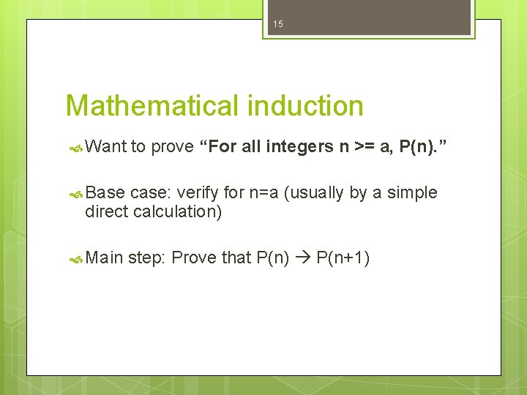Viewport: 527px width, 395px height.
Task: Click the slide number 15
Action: (277, 24)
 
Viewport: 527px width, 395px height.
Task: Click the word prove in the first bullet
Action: (173, 147)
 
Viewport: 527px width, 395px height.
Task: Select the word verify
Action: (198, 193)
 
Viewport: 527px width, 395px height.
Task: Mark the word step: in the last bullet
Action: (149, 258)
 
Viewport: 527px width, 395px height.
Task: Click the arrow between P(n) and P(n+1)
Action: (303, 258)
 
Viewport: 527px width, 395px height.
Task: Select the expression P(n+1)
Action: (343, 258)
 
